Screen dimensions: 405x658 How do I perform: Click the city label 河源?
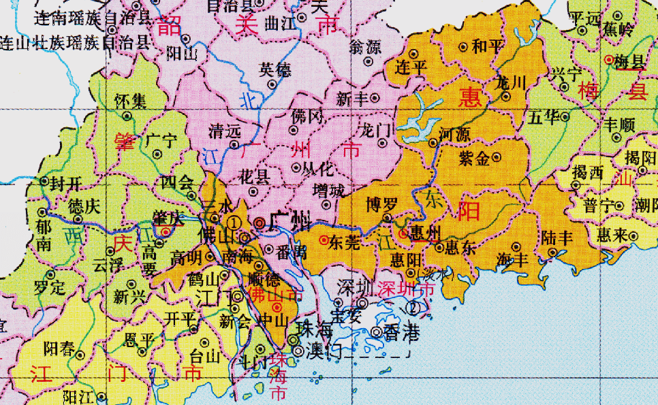455,135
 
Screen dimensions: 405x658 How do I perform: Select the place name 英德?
274,69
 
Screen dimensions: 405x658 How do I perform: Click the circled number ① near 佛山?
234,222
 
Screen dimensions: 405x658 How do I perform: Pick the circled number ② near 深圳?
413,307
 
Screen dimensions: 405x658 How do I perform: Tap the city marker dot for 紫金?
497,157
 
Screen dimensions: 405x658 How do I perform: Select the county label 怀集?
130,102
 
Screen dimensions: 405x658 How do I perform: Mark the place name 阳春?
58,349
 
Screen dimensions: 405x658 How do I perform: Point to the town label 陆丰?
556,238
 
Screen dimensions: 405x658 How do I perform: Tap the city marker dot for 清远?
235,144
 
